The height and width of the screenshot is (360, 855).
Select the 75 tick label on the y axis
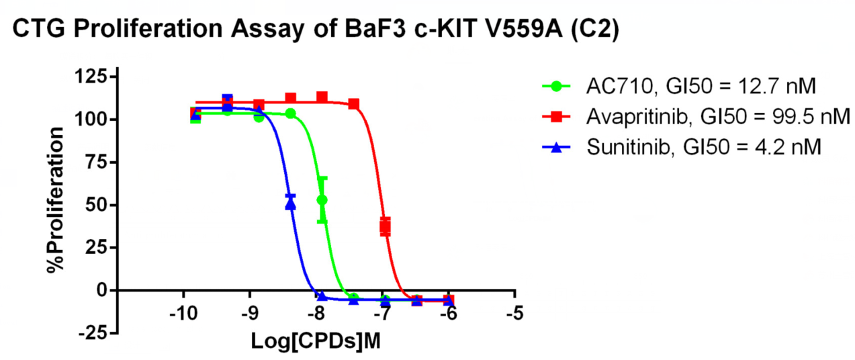[x=94, y=162]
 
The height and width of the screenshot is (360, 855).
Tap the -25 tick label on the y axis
[x=92, y=332]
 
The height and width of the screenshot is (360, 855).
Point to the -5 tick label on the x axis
[x=514, y=314]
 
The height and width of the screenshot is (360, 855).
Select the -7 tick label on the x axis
[x=382, y=314]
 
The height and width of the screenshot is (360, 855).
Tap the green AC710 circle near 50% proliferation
[x=322, y=199]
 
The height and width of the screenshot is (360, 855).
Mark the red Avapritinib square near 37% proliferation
[x=385, y=226]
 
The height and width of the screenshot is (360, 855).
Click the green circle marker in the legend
[x=556, y=87]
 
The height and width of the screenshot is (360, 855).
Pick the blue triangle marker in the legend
[x=556, y=147]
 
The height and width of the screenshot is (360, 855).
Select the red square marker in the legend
[x=556, y=117]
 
